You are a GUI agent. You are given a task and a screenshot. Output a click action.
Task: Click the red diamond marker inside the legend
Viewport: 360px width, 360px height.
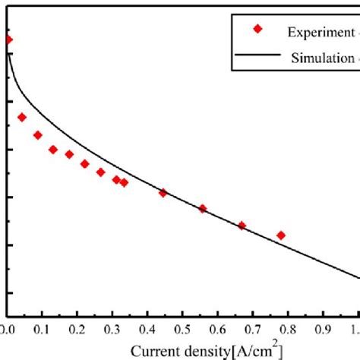tap(258, 30)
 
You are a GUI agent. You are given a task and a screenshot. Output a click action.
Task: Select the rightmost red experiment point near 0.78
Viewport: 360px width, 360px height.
tap(281, 235)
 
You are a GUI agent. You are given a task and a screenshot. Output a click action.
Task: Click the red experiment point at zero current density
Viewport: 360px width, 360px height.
tap(8, 39)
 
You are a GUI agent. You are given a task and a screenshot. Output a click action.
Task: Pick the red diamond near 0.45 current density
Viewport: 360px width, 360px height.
tap(163, 193)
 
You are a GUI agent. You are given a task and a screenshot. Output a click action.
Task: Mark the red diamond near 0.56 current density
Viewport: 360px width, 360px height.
tap(202, 208)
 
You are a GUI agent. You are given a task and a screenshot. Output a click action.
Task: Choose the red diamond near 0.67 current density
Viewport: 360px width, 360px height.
tap(242, 226)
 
